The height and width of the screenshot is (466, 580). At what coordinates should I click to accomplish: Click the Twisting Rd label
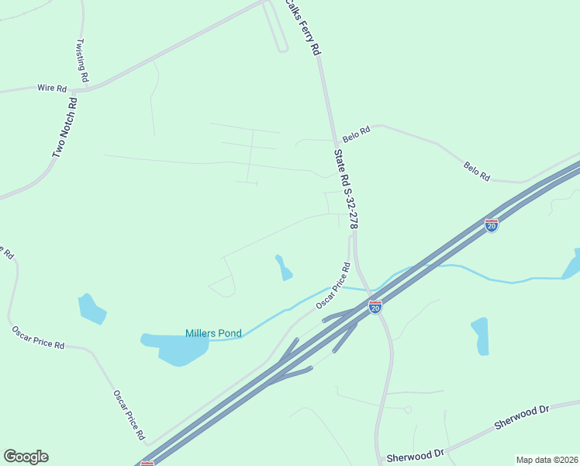point(83,61)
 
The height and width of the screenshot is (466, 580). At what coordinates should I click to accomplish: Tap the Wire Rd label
point(51,89)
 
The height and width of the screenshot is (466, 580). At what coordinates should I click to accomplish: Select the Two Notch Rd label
point(65,127)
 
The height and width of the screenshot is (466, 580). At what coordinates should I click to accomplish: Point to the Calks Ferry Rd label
point(303,27)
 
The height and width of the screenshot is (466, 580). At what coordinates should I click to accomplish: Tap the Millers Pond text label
point(213,333)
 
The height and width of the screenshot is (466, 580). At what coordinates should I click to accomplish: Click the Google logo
point(26,457)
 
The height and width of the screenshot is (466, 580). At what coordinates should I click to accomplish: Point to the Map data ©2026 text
point(547,460)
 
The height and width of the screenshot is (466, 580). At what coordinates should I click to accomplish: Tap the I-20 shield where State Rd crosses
point(375,308)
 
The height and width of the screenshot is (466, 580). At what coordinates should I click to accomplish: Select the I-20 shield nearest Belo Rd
point(492,225)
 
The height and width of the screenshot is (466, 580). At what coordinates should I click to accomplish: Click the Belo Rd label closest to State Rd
point(357,134)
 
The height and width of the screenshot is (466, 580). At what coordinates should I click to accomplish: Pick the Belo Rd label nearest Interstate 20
point(477,172)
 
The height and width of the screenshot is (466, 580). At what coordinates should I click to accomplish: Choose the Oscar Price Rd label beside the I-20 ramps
point(333,287)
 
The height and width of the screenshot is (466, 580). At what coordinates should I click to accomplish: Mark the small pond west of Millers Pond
point(92,309)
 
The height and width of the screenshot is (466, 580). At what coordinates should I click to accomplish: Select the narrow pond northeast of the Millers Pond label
point(284,267)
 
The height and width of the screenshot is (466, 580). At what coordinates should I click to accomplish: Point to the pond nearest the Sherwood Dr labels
point(481,336)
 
